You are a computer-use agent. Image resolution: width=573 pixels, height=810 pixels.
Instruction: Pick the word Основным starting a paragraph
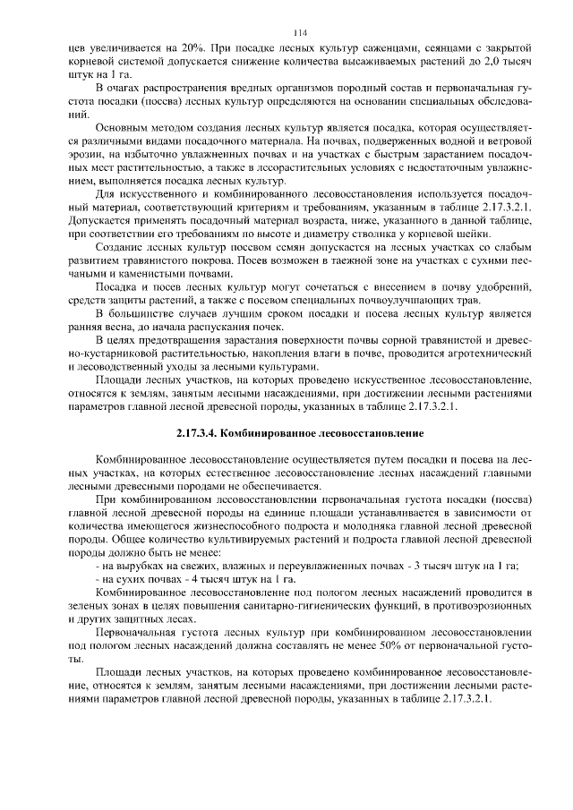point(123,128)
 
